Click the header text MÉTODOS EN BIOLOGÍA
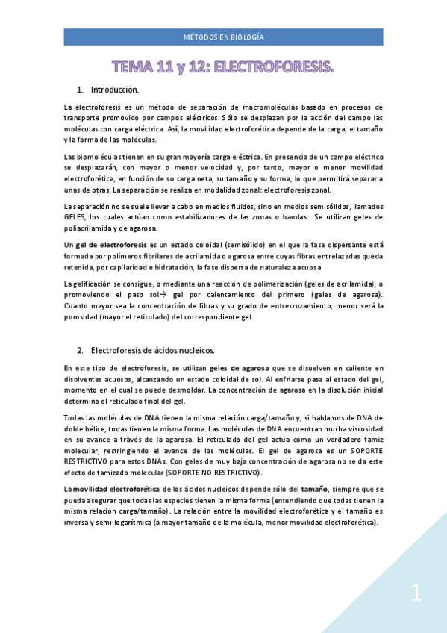pos(223,37)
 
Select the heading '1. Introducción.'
pos(114,90)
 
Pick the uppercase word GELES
pos(76,216)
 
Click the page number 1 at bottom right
pos(416,594)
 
